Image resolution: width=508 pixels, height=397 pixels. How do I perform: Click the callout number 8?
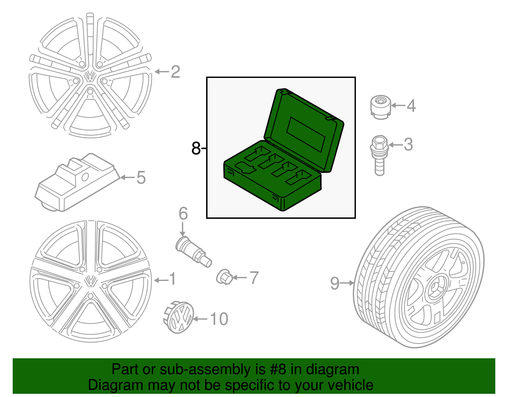tap(196, 148)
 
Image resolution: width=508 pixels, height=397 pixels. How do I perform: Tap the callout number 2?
tap(175, 72)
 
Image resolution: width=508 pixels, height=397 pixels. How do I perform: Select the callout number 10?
tap(219, 319)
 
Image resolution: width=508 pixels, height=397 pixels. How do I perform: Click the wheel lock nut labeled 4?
tap(380, 107)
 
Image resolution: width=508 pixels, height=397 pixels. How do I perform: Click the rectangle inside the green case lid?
tap(306, 134)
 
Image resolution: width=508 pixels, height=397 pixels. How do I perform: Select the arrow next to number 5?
tap(127, 177)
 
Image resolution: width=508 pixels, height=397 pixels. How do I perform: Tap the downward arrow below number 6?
tap(183, 229)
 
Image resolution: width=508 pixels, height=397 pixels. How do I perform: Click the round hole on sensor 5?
tap(85, 177)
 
